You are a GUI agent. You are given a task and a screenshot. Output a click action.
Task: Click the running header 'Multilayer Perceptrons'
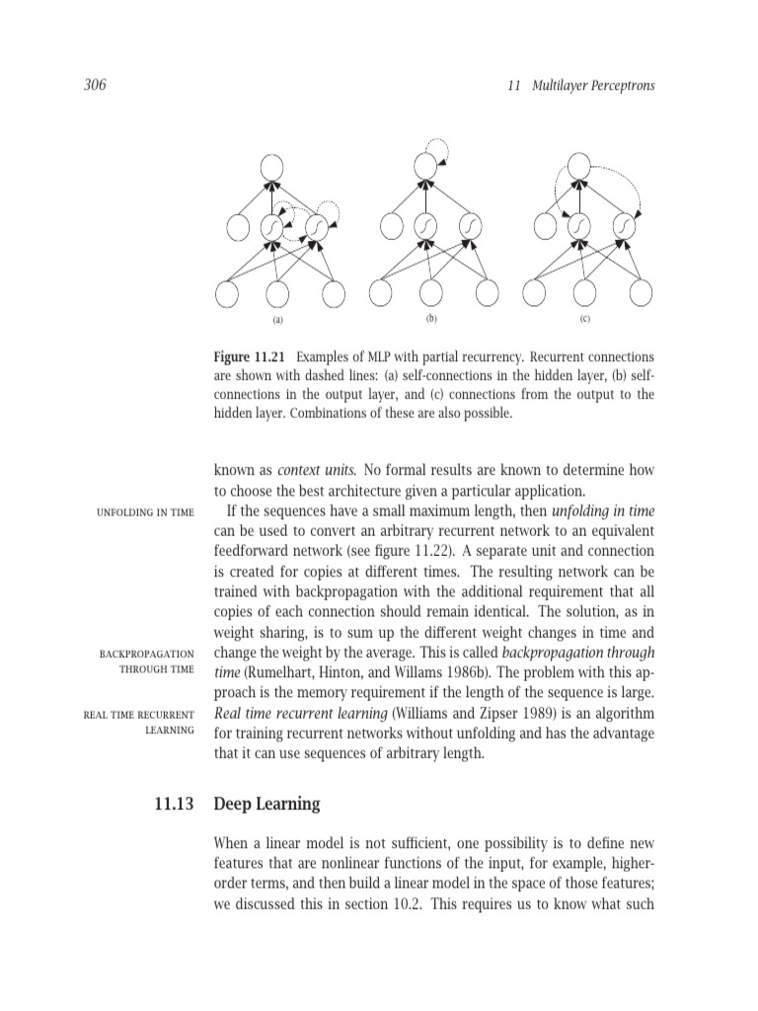592,86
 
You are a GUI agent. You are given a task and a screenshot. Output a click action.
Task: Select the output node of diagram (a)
271,169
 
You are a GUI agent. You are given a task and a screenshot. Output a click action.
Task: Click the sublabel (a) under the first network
277,320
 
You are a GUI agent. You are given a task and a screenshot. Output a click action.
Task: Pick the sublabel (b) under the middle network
430,319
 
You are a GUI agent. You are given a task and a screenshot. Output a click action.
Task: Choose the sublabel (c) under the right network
584,320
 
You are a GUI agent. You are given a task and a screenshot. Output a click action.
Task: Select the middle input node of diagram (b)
430,293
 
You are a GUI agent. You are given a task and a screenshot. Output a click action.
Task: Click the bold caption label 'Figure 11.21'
252,355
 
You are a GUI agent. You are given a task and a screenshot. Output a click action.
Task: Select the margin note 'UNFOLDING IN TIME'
144,511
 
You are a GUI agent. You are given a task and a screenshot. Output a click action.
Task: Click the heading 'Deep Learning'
266,804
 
